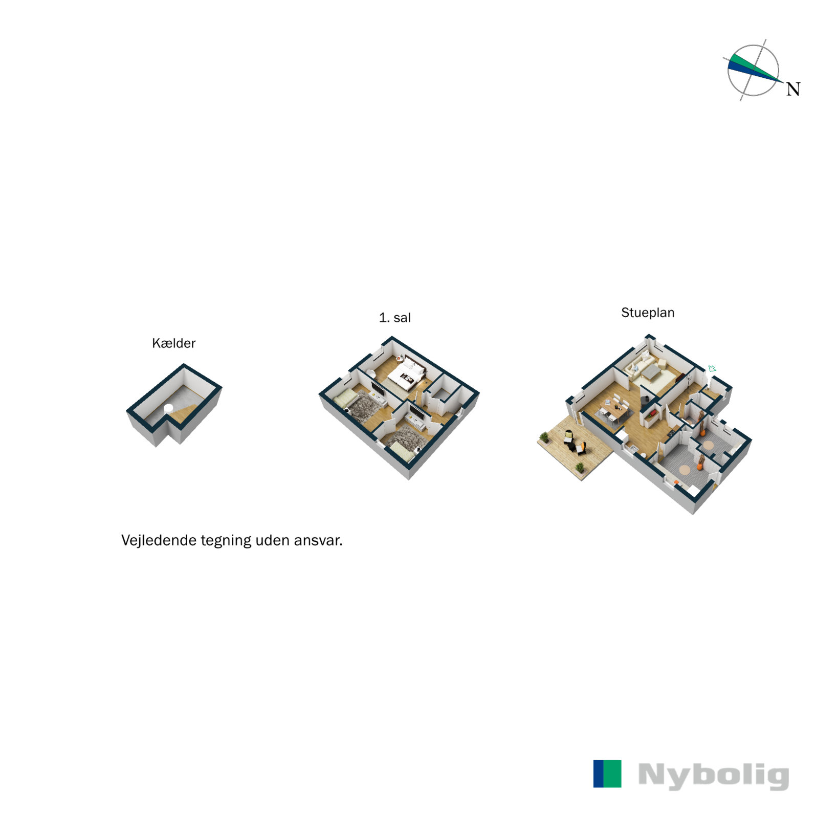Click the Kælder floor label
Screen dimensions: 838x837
pyautogui.click(x=173, y=343)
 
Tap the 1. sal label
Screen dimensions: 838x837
pyautogui.click(x=394, y=318)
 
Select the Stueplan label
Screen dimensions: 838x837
pyautogui.click(x=648, y=313)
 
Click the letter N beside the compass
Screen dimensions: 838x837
pyautogui.click(x=793, y=90)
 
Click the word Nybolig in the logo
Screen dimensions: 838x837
pyautogui.click(x=714, y=776)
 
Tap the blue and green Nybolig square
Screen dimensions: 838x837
pyautogui.click(x=607, y=774)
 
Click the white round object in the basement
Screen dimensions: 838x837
pyautogui.click(x=168, y=408)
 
